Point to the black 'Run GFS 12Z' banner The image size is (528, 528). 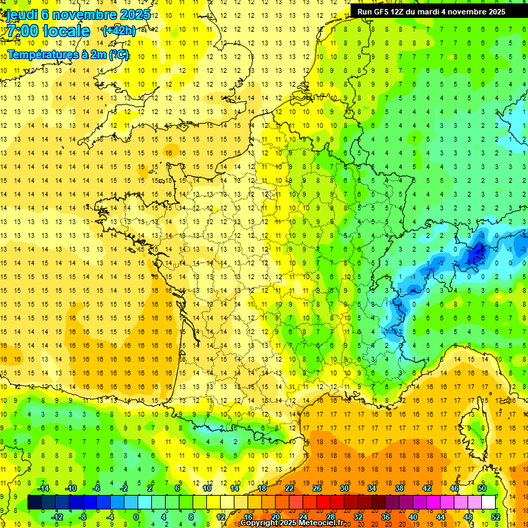point(431,12)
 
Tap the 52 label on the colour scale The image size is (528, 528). point(496,516)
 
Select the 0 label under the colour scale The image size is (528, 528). point(136,516)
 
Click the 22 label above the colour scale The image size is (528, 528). point(289,488)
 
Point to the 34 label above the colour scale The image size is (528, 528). point(372,488)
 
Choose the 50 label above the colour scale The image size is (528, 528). point(482,488)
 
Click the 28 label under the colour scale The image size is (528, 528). point(331,516)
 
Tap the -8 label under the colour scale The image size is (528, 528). point(82,516)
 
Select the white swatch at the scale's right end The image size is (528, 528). point(488,503)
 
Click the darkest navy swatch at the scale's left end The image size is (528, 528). point(34,503)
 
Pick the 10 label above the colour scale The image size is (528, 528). point(207,488)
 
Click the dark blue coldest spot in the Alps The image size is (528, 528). point(474,256)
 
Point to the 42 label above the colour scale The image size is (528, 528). point(427,488)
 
